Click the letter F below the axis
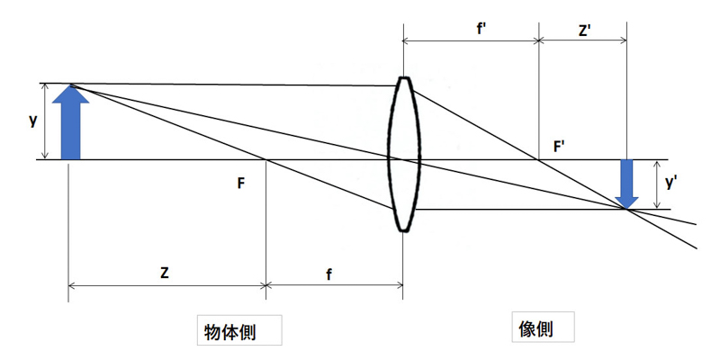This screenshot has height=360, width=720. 240,183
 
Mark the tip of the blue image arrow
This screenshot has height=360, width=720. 627,207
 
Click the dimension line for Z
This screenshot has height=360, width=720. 167,287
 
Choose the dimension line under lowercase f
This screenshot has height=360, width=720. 334,287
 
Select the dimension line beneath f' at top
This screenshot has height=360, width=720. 471,40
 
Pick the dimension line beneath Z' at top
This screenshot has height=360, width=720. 583,40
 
